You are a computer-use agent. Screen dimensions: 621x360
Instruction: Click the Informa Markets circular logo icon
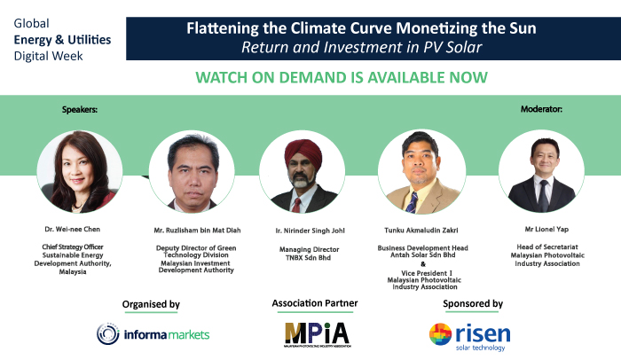tap(107, 334)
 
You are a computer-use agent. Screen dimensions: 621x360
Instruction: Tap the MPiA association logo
tap(318, 334)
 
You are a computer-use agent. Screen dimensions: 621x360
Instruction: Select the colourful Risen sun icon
tap(440, 334)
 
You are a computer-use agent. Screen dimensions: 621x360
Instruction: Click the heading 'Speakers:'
tap(80, 110)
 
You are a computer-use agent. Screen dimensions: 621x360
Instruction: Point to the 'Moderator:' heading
tap(541, 109)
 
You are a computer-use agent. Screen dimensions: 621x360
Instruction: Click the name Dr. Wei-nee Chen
tap(73, 229)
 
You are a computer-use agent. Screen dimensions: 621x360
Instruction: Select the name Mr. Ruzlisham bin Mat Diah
tap(197, 231)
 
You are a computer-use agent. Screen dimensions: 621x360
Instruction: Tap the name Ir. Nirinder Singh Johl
tap(310, 231)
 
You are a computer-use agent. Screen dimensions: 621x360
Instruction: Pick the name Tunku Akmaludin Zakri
tap(421, 231)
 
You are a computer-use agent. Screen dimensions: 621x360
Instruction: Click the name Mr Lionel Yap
tap(546, 229)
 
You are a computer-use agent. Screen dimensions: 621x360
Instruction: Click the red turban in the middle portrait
tap(303, 153)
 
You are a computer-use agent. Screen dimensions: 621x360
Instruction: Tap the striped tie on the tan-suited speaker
tap(412, 202)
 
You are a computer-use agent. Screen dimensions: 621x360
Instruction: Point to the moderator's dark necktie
tap(543, 195)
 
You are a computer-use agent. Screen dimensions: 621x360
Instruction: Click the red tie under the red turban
tap(296, 205)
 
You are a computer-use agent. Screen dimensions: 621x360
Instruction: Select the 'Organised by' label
tap(151, 304)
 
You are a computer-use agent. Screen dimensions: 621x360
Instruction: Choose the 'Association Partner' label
tap(315, 303)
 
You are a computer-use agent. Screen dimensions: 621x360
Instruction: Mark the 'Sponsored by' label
tap(473, 304)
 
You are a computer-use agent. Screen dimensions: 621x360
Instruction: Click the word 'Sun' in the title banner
tap(523, 28)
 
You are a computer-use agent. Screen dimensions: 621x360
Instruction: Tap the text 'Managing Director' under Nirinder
tap(310, 249)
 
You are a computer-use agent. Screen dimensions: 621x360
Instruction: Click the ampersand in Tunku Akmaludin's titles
tap(423, 264)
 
